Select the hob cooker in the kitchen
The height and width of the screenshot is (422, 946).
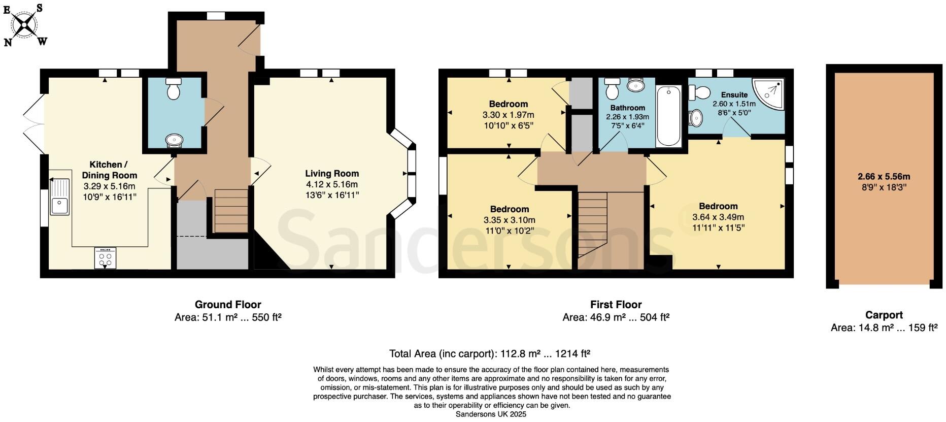tap(105, 258)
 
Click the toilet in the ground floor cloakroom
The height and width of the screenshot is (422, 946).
tap(174, 90)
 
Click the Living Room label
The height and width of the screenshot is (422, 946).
tap(332, 174)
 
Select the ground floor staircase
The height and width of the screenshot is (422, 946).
tap(230, 210)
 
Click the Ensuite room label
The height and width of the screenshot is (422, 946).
tap(734, 94)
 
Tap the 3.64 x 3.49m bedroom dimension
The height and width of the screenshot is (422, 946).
tap(718, 217)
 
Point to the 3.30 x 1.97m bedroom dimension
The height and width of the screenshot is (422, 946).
tap(508, 115)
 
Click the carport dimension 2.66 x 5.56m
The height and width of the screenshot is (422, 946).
tap(884, 177)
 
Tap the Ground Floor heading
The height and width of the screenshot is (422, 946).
tap(228, 305)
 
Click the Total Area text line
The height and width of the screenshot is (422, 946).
tap(489, 353)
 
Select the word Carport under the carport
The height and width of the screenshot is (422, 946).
tap(884, 315)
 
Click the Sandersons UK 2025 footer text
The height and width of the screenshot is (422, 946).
tap(491, 414)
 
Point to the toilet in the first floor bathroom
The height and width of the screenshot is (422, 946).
tap(612, 89)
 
